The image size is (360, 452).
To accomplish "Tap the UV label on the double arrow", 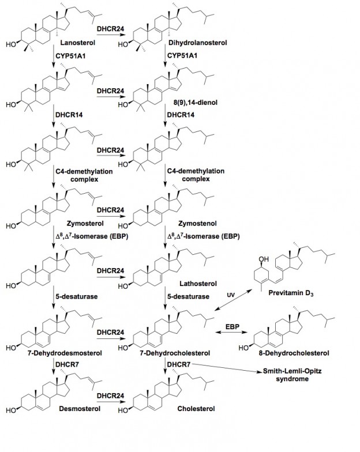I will coord(230,295).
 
